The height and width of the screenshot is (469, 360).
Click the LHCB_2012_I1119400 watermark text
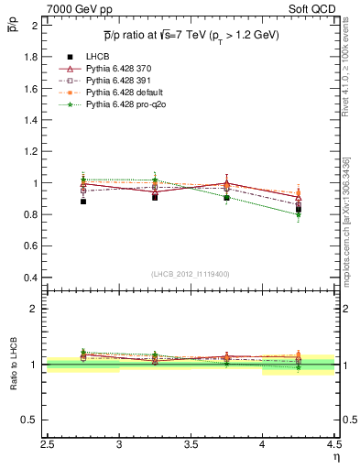pos(191,273)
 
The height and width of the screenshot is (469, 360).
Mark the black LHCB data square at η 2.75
pos(83,201)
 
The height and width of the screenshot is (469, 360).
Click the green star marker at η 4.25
pos(297,214)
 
